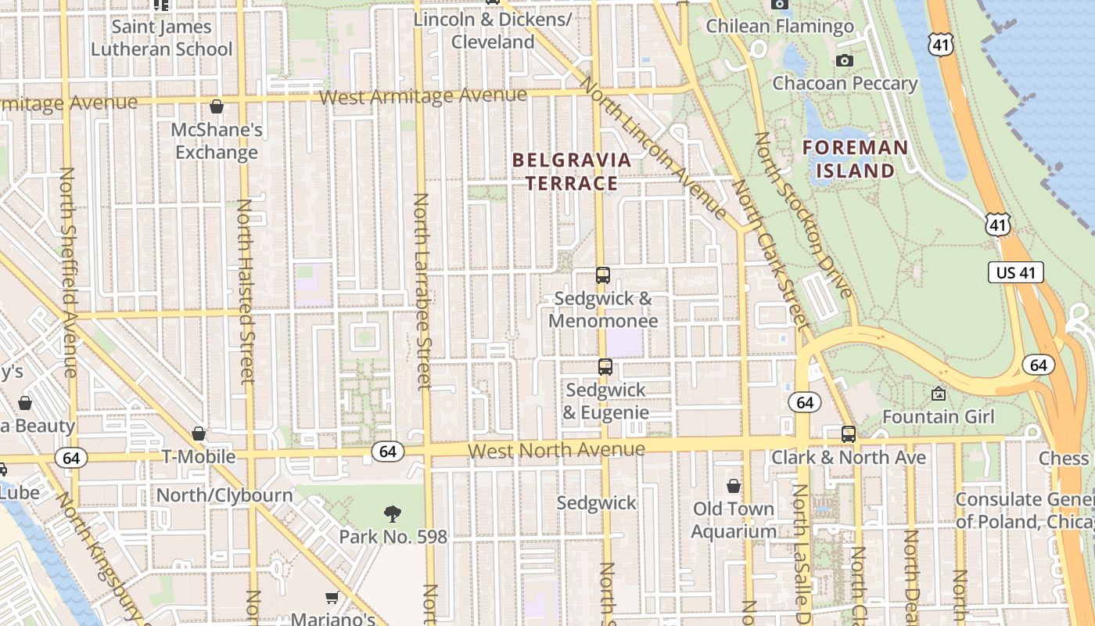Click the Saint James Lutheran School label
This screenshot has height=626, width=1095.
tap(161, 38)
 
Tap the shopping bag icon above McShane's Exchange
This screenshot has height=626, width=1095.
tap(217, 106)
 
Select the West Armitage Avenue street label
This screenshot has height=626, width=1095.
tap(423, 96)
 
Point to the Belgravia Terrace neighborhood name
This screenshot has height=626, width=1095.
tap(571, 171)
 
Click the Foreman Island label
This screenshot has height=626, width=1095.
tap(855, 159)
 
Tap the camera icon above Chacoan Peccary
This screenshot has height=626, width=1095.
tap(844, 60)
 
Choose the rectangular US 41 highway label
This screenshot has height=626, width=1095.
tap(1016, 272)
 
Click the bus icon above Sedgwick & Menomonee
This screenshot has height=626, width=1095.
tap(602, 275)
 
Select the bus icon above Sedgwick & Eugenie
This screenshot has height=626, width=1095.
tap(605, 367)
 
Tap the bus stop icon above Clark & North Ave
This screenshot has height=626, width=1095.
tap(849, 434)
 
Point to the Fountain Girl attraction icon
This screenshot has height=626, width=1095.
tap(939, 394)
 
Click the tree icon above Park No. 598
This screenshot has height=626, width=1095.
tap(393, 513)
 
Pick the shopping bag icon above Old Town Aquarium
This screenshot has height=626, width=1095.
tap(733, 486)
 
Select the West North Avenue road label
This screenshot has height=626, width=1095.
tap(556, 450)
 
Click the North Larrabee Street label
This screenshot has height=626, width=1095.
tap(422, 291)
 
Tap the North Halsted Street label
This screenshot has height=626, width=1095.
tap(246, 291)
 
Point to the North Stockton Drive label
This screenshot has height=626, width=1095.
tap(802, 215)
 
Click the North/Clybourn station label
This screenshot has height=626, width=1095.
tap(224, 495)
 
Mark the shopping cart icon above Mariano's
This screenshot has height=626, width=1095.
tap(332, 598)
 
